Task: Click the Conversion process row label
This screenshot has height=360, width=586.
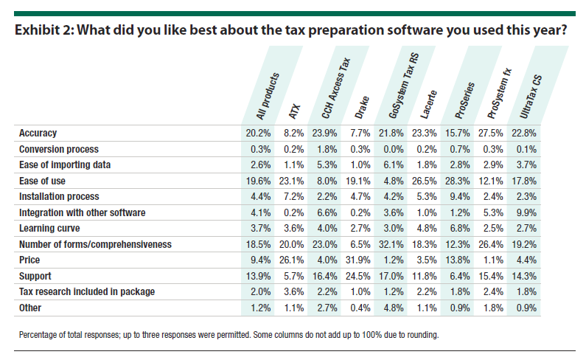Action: tap(60, 149)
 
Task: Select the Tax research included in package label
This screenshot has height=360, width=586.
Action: tap(86, 291)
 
